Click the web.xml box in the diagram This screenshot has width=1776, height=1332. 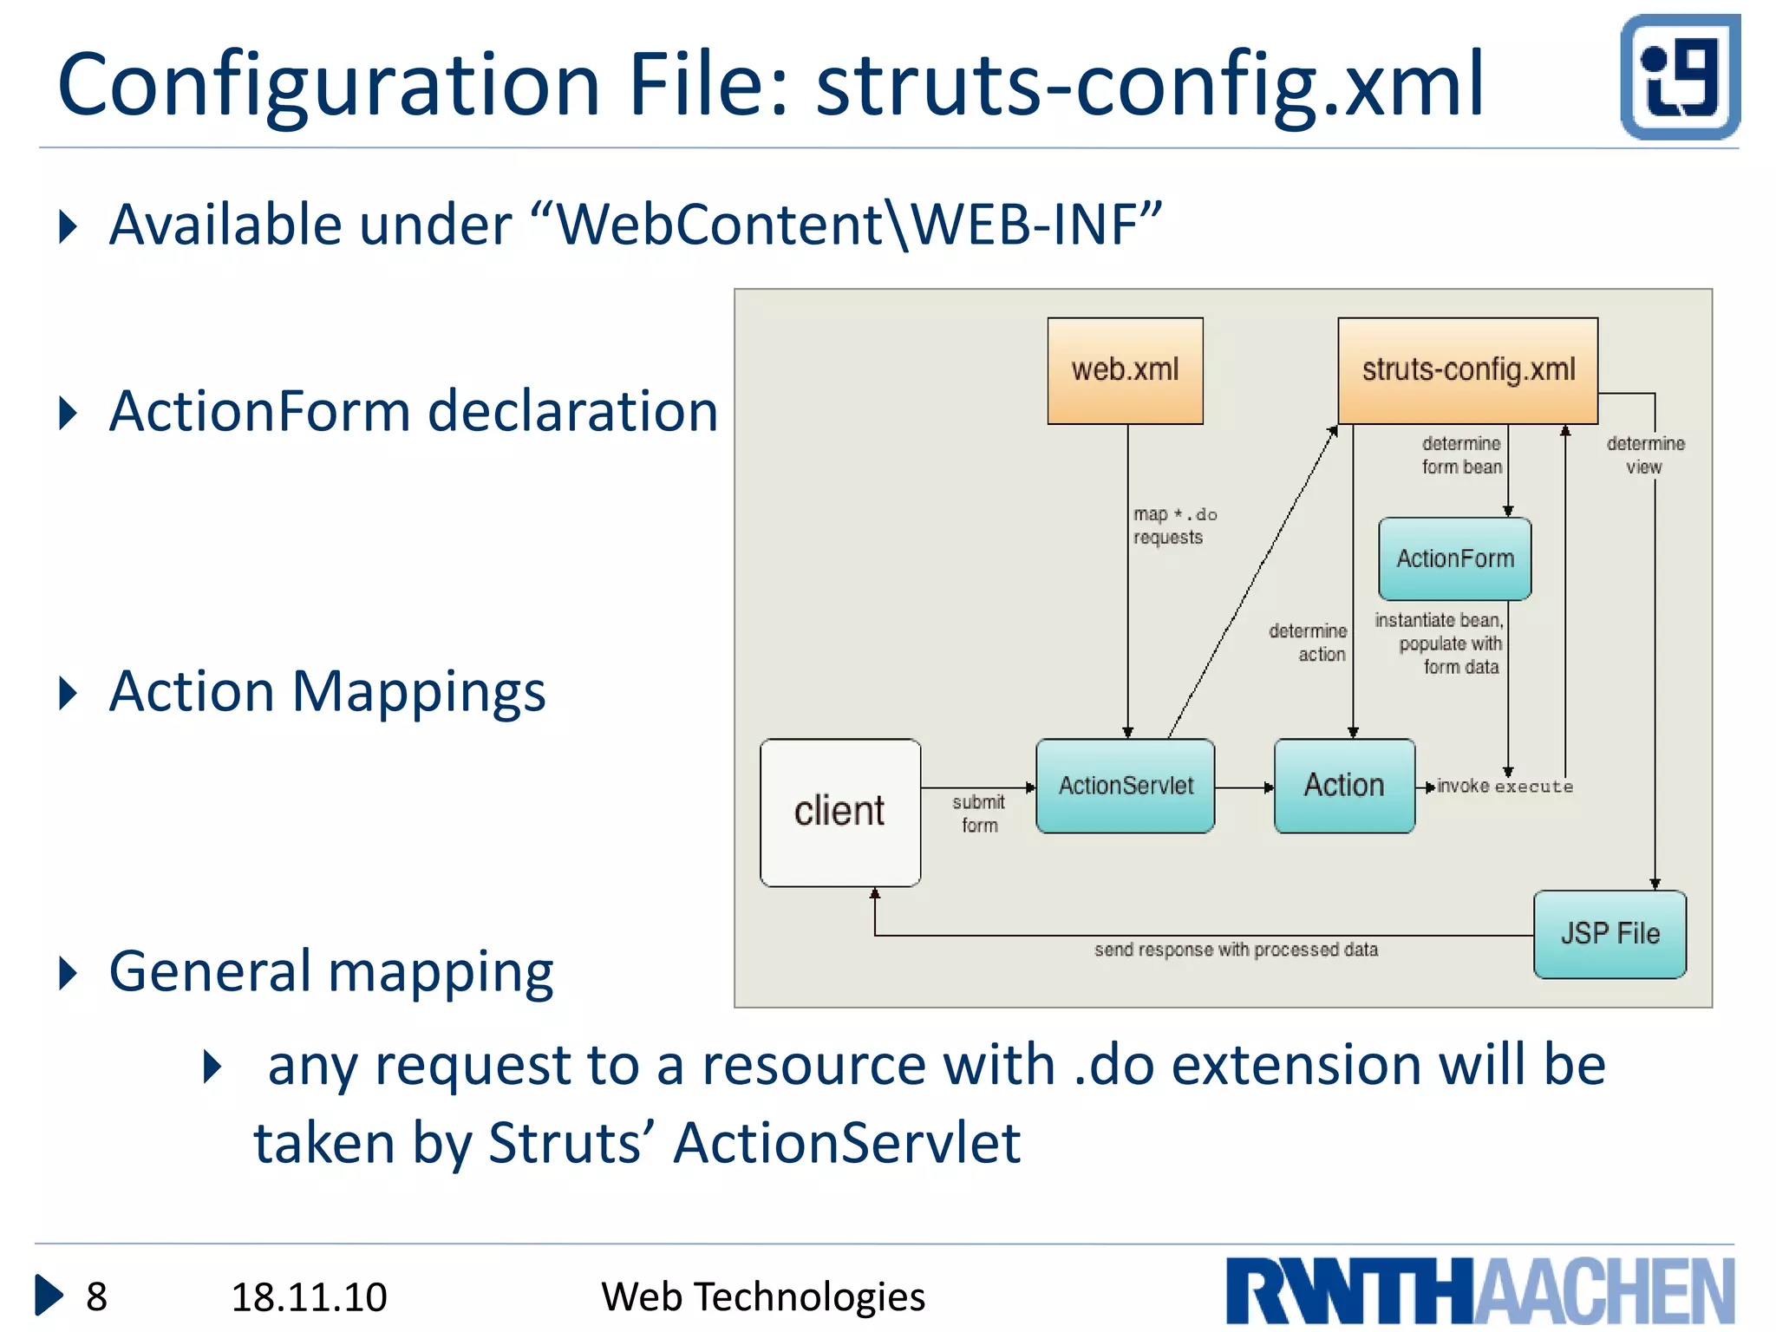(1125, 370)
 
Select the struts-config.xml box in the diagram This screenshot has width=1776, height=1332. (1467, 370)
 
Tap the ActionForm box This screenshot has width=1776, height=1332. (1454, 558)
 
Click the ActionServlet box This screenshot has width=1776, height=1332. (1125, 786)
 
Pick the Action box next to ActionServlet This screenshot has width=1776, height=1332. (1344, 786)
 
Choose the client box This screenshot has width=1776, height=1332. (839, 812)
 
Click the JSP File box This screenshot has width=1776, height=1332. (1609, 934)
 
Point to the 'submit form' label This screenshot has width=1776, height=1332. (978, 813)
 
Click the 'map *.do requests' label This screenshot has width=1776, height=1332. (1172, 526)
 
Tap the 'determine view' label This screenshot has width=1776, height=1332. (1644, 455)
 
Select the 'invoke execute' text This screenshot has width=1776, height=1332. (1505, 787)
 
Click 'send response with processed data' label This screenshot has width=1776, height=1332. (1236, 950)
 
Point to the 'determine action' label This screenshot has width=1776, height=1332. (1309, 643)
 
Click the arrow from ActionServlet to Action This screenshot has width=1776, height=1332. (1244, 787)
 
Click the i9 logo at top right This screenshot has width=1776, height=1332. (1679, 77)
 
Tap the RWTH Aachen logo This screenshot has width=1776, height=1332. (1479, 1290)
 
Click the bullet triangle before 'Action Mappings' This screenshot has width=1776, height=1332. (68, 693)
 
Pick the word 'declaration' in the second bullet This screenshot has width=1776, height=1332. (572, 411)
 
